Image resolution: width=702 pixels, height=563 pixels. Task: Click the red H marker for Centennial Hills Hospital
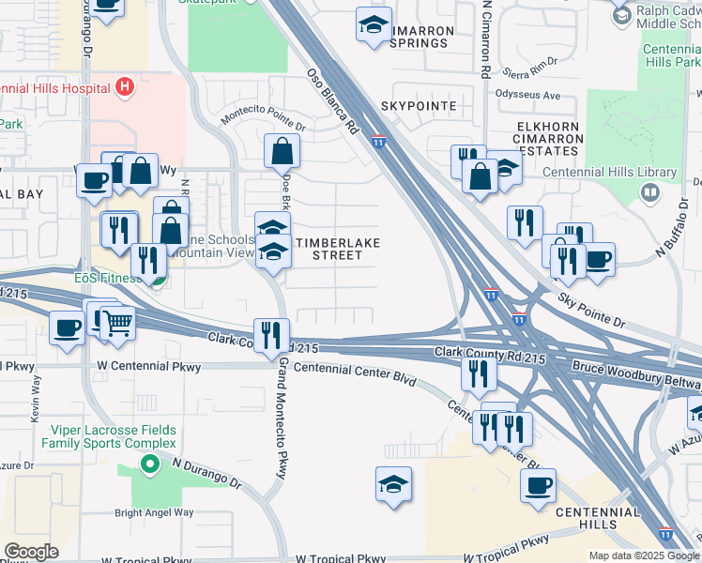(126, 88)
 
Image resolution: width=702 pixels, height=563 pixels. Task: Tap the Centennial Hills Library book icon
(649, 191)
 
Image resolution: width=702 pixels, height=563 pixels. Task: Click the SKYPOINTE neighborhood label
(420, 106)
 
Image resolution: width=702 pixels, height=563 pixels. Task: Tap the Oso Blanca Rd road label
(333, 99)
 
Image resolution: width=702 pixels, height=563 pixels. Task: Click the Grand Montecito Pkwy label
(281, 417)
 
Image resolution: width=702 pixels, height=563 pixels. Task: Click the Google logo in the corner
(31, 551)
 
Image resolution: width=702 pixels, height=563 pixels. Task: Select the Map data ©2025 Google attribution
(643, 555)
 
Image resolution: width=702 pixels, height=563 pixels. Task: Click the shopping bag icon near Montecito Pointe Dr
(282, 150)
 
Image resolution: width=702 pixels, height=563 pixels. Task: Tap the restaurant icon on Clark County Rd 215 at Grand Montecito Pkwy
(271, 333)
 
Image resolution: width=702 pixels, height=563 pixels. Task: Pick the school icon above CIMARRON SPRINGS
(374, 24)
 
